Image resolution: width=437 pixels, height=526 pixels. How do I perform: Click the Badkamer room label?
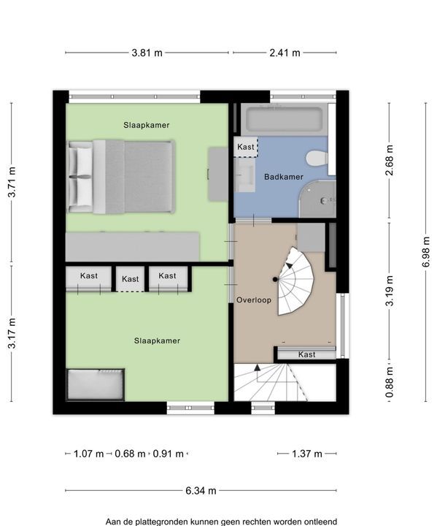coord(284,177)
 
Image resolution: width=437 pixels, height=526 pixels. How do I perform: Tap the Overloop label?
coord(254,300)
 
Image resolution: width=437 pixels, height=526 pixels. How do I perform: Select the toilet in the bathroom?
coord(317,158)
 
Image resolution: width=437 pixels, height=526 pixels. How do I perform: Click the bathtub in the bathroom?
coord(285,119)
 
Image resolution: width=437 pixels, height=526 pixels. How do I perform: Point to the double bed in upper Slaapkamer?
coord(121,177)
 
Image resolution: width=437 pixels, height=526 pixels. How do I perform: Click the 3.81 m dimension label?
coord(147,53)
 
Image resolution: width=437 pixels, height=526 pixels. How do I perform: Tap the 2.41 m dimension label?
coord(285,53)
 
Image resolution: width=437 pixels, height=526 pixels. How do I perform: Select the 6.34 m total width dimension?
coord(201,490)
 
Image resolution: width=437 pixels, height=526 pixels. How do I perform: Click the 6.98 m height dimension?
coord(425,251)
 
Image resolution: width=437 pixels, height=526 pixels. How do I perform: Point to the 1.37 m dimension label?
coord(306,454)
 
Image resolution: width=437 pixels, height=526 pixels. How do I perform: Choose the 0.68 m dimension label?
coord(130,454)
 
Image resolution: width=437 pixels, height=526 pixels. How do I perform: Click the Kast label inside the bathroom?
coord(246,147)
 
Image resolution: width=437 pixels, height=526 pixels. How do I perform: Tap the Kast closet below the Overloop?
coord(306,354)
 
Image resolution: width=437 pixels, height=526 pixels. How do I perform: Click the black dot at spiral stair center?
coord(275,279)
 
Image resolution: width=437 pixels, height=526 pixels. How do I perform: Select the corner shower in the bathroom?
coord(317,199)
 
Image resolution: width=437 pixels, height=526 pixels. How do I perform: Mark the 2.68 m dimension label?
coord(389,160)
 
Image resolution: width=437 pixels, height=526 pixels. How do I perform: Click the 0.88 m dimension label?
coord(389,382)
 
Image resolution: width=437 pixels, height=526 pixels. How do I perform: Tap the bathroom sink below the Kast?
coord(244,175)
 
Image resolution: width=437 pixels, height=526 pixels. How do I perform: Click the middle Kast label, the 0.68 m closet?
coord(130,279)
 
